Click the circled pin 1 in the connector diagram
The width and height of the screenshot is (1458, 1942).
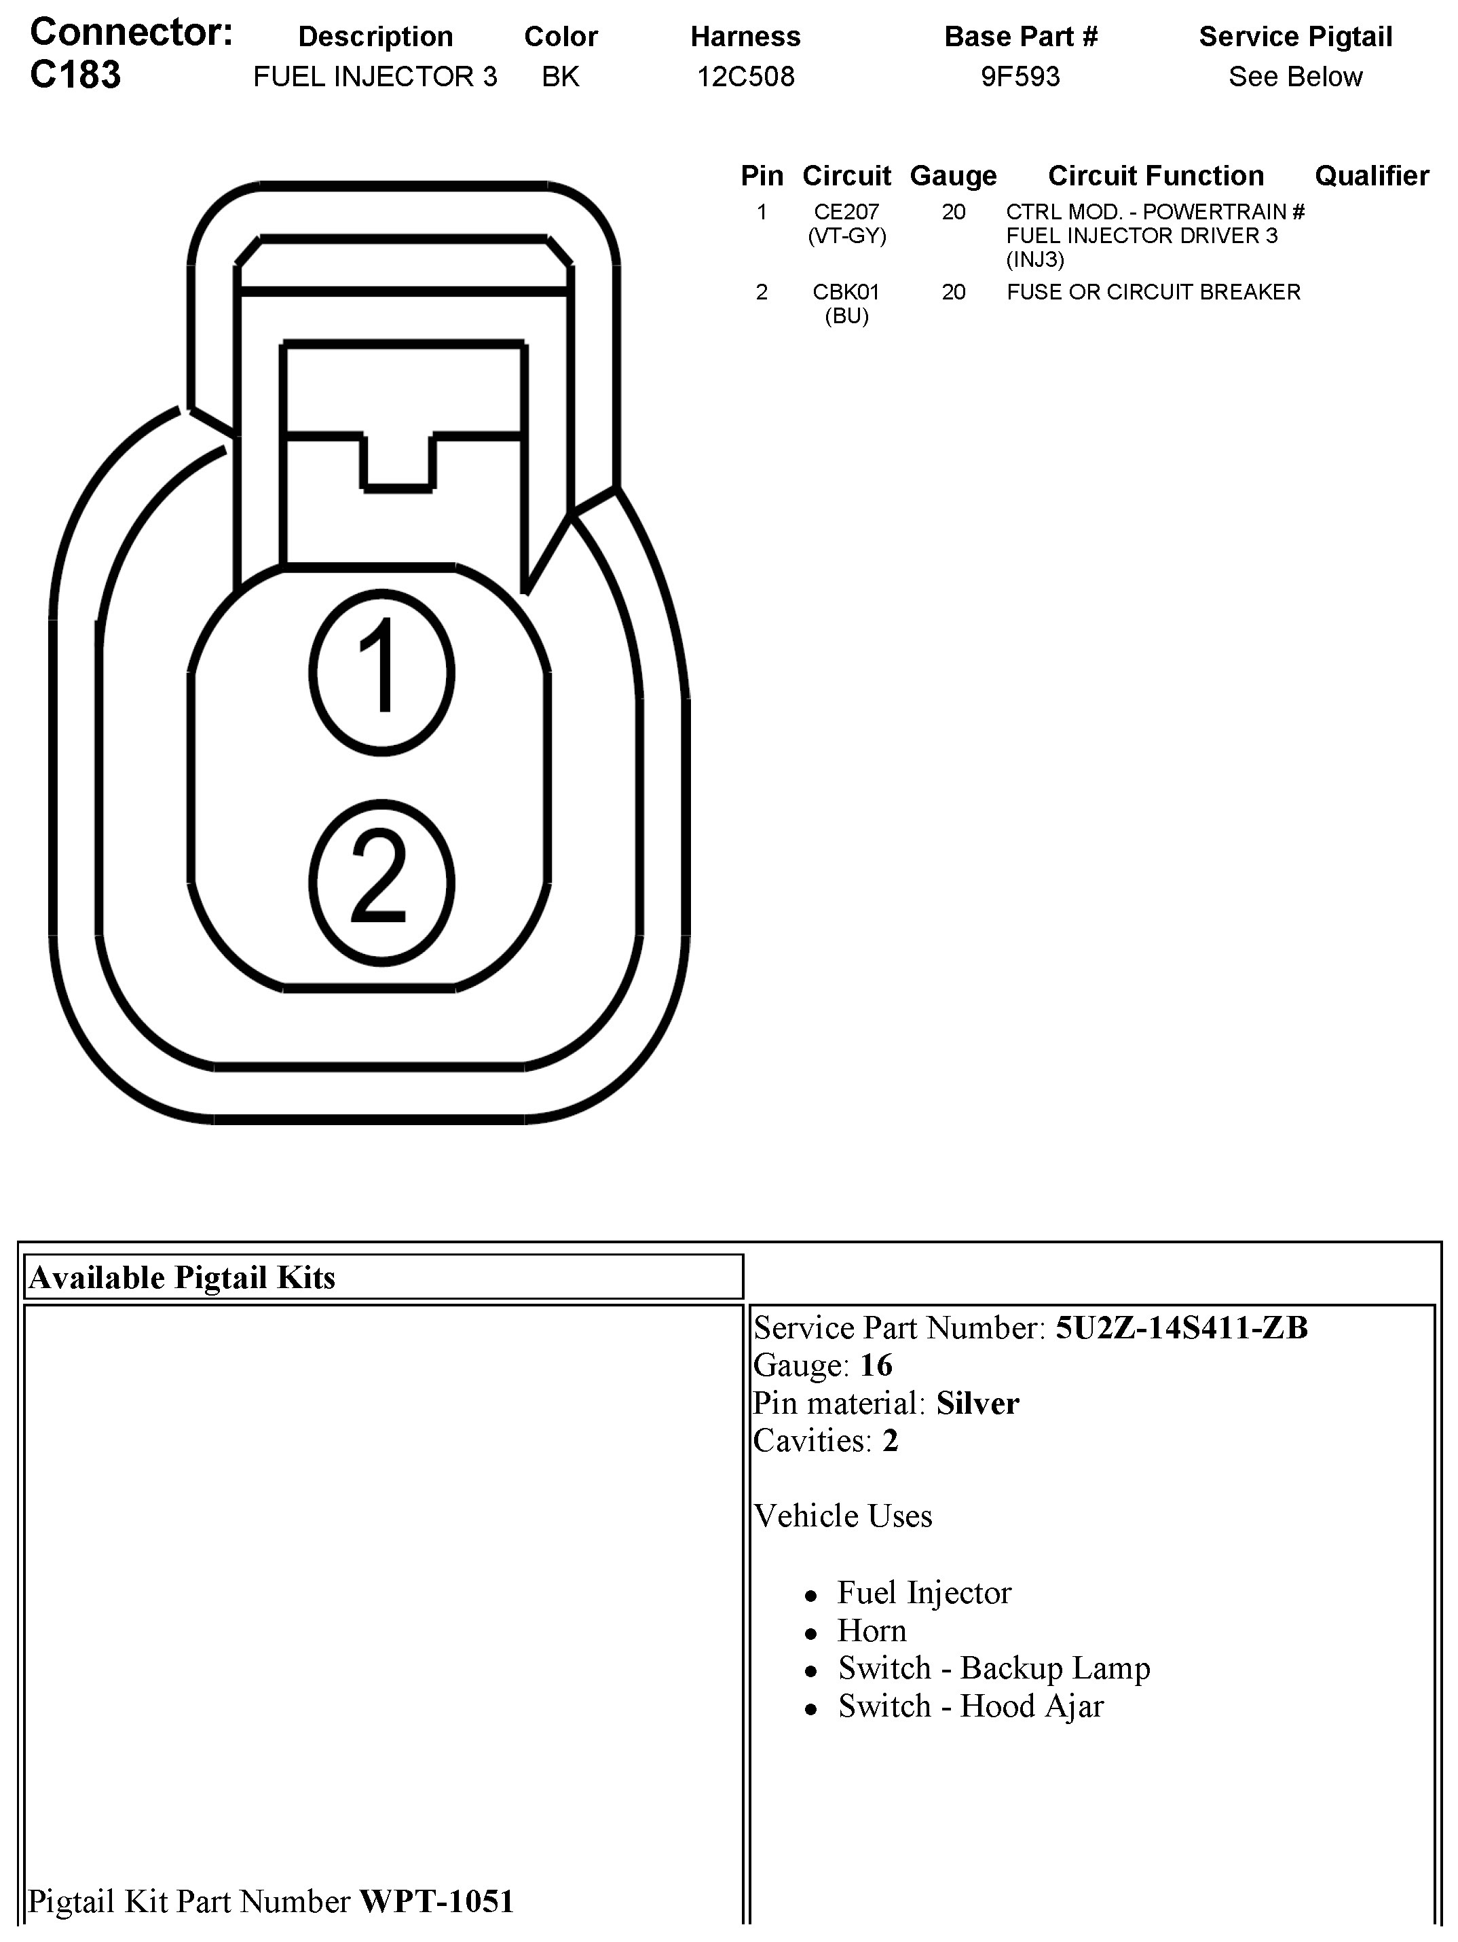point(382,672)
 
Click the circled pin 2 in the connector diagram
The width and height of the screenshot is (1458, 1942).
point(382,881)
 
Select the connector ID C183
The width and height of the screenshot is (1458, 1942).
point(75,75)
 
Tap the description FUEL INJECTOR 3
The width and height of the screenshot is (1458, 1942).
point(375,77)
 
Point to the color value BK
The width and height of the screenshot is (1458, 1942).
point(560,77)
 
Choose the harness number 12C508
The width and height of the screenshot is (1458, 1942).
point(745,77)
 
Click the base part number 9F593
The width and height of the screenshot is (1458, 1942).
point(1020,77)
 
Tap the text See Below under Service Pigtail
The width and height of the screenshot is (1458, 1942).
point(1294,77)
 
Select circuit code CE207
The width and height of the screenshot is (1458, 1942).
point(846,212)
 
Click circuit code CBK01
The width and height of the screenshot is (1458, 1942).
point(846,291)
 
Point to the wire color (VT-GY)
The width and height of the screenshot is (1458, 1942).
point(846,236)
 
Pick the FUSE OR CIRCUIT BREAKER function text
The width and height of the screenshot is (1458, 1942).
point(1153,291)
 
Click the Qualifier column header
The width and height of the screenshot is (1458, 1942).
point(1371,176)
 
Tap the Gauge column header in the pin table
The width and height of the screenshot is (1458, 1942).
point(953,176)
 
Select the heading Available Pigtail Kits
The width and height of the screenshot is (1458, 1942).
point(182,1277)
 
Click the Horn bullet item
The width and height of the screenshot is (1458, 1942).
point(872,1630)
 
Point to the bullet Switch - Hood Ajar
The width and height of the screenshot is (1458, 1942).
point(970,1706)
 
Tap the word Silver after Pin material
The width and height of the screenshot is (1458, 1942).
point(977,1403)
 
